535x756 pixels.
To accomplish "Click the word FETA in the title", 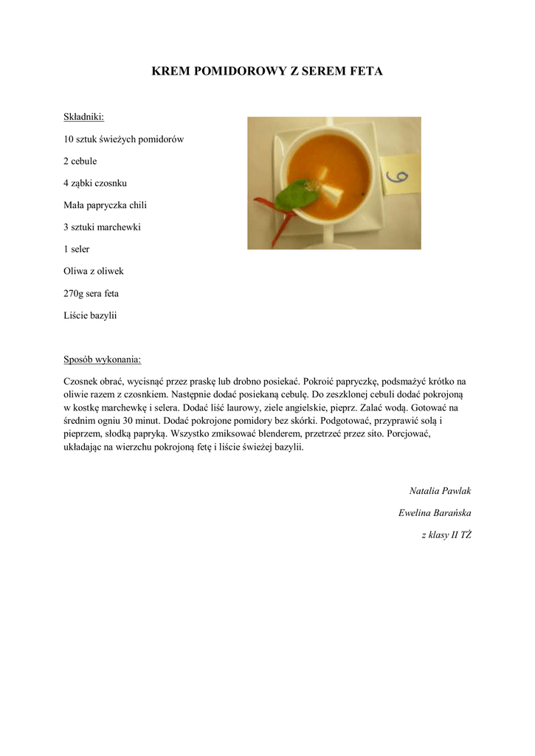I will (364, 72).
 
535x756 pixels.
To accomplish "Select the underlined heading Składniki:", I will (83, 117).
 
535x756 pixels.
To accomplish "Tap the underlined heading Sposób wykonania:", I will (102, 360).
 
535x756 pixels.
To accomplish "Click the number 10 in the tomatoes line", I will (69, 139).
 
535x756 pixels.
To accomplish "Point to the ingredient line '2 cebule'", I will (80, 161).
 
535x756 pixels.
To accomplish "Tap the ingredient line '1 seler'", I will (77, 250).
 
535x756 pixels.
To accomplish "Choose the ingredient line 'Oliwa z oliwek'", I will (93, 272).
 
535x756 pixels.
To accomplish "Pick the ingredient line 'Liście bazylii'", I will (91, 316).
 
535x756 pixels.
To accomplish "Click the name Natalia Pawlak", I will (441, 491).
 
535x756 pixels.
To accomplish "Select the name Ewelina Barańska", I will (435, 513).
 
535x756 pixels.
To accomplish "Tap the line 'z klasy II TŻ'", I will (446, 535).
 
